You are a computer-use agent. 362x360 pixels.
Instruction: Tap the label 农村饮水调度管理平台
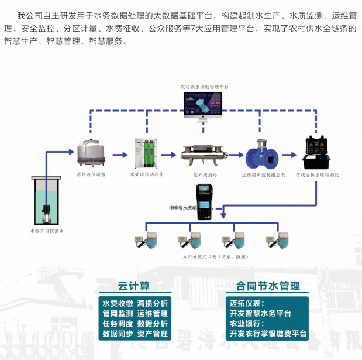click(x=205, y=87)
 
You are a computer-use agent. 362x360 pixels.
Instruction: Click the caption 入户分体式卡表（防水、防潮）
click(x=207, y=257)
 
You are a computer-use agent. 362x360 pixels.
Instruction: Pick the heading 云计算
click(x=133, y=286)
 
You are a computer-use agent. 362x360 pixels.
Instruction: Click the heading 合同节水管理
click(x=268, y=286)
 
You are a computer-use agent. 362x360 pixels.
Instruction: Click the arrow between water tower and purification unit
click(x=119, y=155)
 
